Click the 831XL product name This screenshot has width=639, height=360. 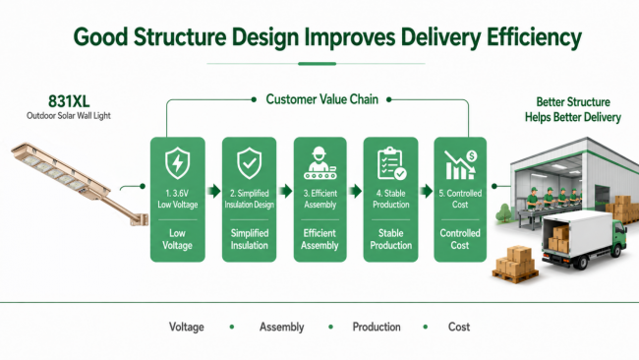point(69,100)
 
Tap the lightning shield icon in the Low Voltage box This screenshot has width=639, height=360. point(177,163)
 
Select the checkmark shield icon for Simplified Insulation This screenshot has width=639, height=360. point(249,163)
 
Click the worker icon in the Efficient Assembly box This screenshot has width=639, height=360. point(319,163)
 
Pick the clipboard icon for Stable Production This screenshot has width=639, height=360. point(391,163)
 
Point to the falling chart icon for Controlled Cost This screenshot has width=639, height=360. point(460,164)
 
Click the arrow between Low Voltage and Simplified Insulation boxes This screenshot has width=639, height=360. point(214,191)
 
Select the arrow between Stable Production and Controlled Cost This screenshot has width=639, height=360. point(427,191)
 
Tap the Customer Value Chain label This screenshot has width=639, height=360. point(321,99)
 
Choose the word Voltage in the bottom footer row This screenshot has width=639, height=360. point(187,327)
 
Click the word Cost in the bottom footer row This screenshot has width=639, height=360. point(459,327)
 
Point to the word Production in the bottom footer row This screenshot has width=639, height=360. point(377,327)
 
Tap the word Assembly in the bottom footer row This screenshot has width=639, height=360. point(281,327)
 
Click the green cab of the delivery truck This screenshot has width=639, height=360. point(619,236)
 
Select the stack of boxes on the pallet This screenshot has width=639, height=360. point(515,263)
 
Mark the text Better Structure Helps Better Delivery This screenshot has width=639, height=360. point(572,109)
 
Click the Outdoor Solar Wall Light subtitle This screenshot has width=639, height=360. point(69,116)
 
